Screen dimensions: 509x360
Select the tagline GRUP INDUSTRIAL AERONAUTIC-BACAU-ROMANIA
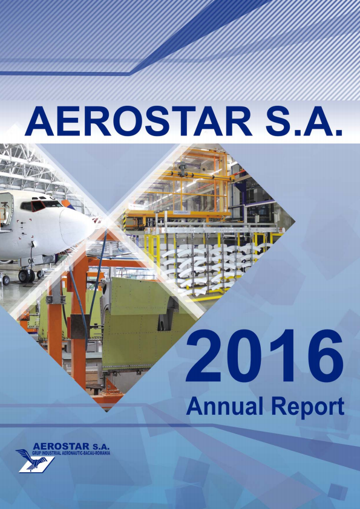[x=71, y=454]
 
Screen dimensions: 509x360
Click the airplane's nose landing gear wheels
[x=27, y=275]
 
